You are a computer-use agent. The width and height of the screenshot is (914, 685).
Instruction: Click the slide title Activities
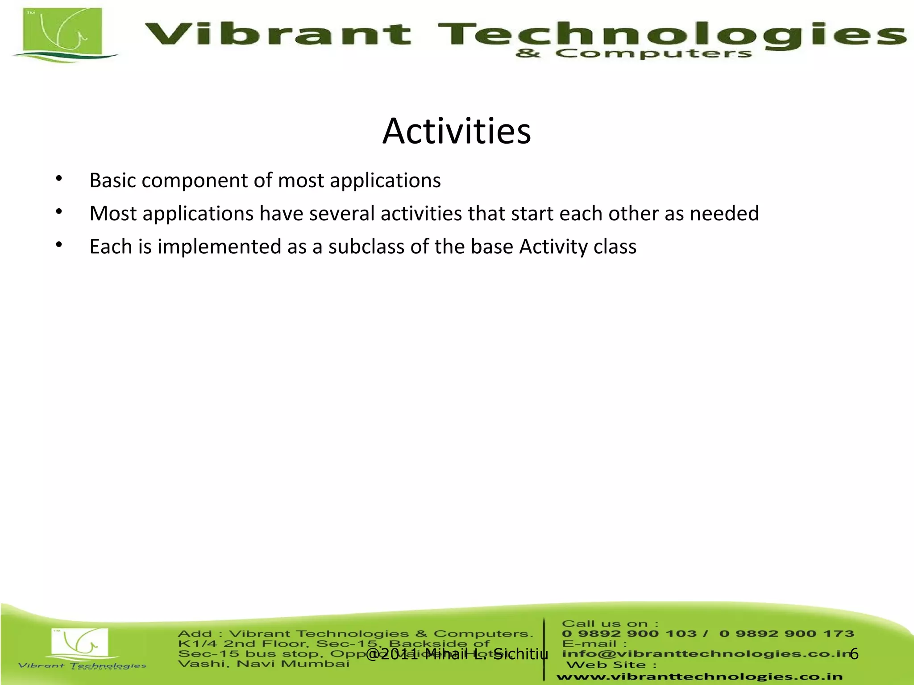tap(457, 131)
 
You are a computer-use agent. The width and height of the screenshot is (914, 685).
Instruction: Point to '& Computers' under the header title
tap(634, 54)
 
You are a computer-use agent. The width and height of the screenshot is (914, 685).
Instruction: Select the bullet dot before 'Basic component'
tap(59, 179)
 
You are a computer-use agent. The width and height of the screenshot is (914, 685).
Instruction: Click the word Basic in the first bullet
tap(112, 181)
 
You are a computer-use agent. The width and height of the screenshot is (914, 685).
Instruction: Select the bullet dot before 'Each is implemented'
tap(59, 245)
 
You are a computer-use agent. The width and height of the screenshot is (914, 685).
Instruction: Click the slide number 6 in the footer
tap(854, 654)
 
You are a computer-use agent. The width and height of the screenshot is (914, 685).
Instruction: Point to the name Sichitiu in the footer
tap(521, 654)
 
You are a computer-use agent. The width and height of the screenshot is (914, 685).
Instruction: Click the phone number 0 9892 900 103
tap(629, 634)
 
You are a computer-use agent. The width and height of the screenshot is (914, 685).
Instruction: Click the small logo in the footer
tap(80, 644)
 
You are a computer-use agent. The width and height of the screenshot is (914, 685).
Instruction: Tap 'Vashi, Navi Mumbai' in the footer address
tap(263, 664)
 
